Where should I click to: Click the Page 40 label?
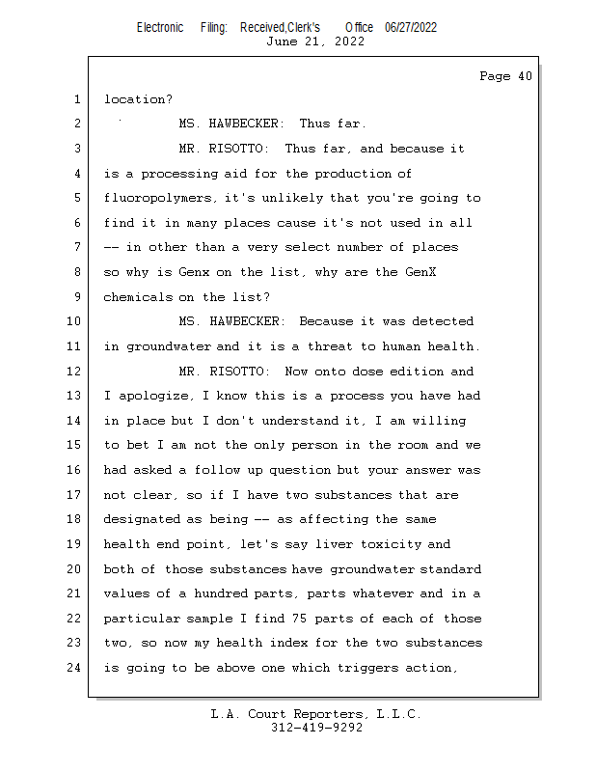point(505,76)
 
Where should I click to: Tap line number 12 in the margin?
point(75,372)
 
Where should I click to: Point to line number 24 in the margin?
point(75,668)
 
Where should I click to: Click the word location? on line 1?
point(138,99)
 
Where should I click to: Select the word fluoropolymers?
point(160,199)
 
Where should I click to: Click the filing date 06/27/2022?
point(410,27)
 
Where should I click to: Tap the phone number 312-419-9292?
point(316,728)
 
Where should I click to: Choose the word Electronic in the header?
point(160,27)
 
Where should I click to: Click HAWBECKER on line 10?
point(247,322)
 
